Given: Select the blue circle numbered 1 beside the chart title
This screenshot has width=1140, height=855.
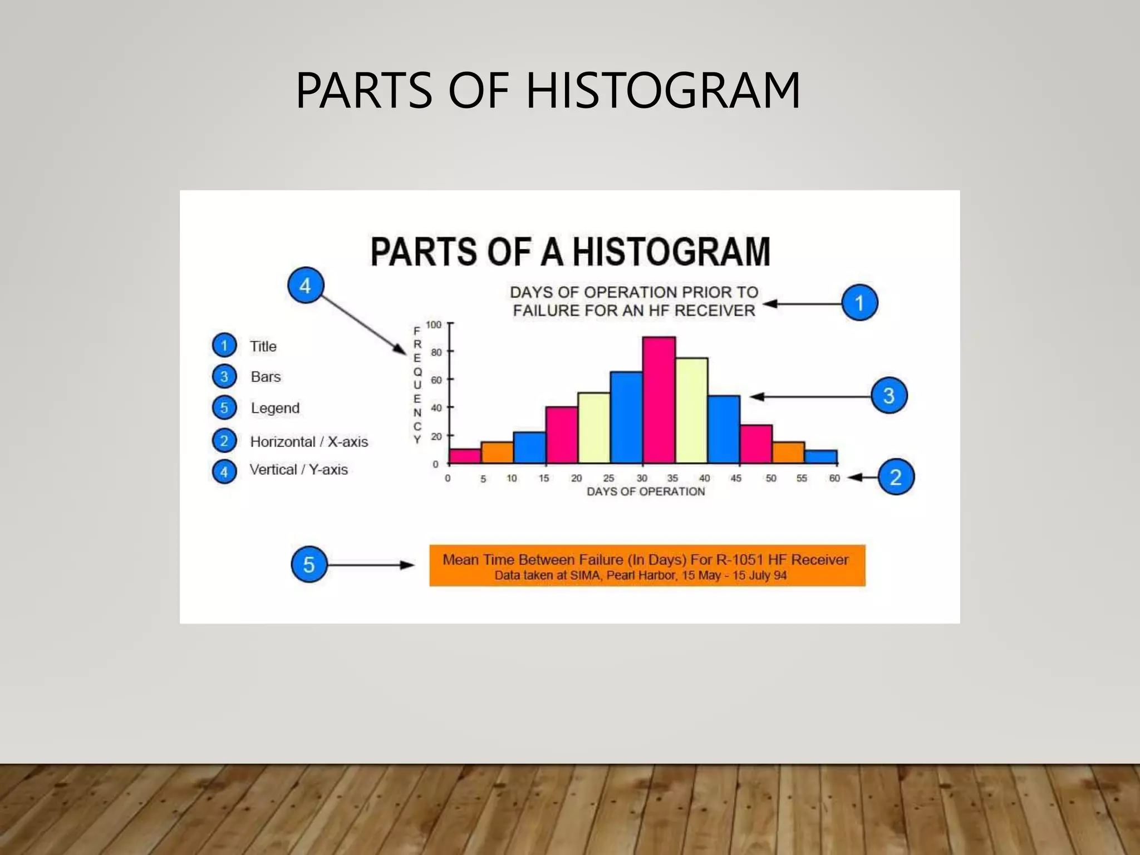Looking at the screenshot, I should [x=859, y=303].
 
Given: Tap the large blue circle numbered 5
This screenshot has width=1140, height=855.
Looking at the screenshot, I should [x=309, y=564].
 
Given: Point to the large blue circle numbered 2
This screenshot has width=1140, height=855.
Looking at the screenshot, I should [x=896, y=477].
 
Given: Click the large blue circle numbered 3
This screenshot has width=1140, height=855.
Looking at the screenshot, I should [x=889, y=396].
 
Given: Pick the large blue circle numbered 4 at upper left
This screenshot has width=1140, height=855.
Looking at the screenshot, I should [x=305, y=286].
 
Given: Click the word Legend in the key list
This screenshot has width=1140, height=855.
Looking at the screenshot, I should [x=275, y=408].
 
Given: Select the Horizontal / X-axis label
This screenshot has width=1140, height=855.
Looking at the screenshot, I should [x=309, y=441].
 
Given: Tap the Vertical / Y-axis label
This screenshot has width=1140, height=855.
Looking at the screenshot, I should [x=298, y=470].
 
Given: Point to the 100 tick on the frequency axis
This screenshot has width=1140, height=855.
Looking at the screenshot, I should [x=434, y=325].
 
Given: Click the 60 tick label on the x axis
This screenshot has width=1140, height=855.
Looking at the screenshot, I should [x=834, y=478].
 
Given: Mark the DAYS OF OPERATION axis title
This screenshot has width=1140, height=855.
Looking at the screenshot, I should [x=646, y=492].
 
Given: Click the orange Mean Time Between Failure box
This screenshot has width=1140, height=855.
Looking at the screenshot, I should [x=647, y=566].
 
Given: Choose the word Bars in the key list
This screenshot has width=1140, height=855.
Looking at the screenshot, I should [x=266, y=377].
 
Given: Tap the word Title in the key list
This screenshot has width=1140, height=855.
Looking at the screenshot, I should [x=263, y=346].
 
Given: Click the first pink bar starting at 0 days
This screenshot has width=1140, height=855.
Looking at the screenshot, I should [x=465, y=456].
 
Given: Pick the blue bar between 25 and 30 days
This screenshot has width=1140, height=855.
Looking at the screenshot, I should [x=626, y=417].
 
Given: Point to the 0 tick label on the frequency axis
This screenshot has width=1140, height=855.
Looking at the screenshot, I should [x=435, y=464].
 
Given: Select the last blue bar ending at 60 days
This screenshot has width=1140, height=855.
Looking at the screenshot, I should [x=821, y=457].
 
